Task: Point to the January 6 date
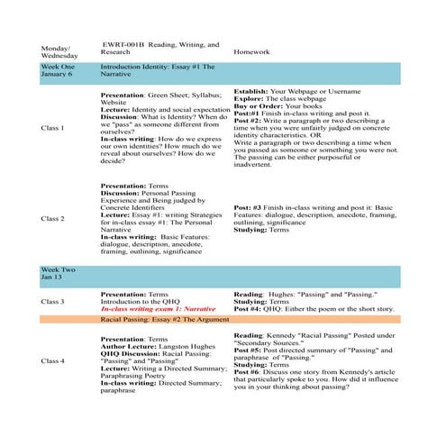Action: click(59, 77)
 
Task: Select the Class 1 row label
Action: click(53, 128)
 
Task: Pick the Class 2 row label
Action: click(53, 219)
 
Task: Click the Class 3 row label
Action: click(53, 301)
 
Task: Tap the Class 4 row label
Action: click(53, 361)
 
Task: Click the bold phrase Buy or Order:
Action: click(259, 106)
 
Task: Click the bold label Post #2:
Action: click(247, 120)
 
